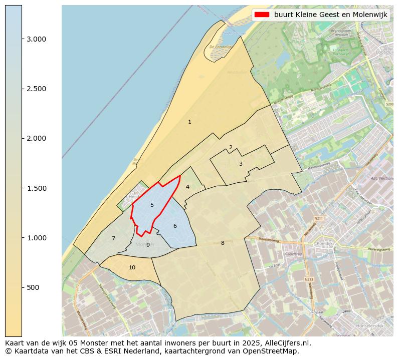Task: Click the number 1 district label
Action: coord(189,122)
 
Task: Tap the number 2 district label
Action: coord(231,147)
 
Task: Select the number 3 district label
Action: coord(241,164)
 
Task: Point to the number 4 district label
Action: coord(187,187)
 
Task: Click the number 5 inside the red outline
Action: coord(152,205)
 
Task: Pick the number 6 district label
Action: coord(175,226)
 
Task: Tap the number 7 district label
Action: coord(113,238)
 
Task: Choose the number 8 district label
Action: coord(223,243)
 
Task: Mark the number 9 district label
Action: coord(148,245)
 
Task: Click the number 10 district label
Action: coord(132,267)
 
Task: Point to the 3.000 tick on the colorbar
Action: coord(36,39)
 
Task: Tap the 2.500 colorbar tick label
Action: coord(36,89)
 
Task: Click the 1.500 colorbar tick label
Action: coord(36,188)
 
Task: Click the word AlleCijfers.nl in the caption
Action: coord(286,343)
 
